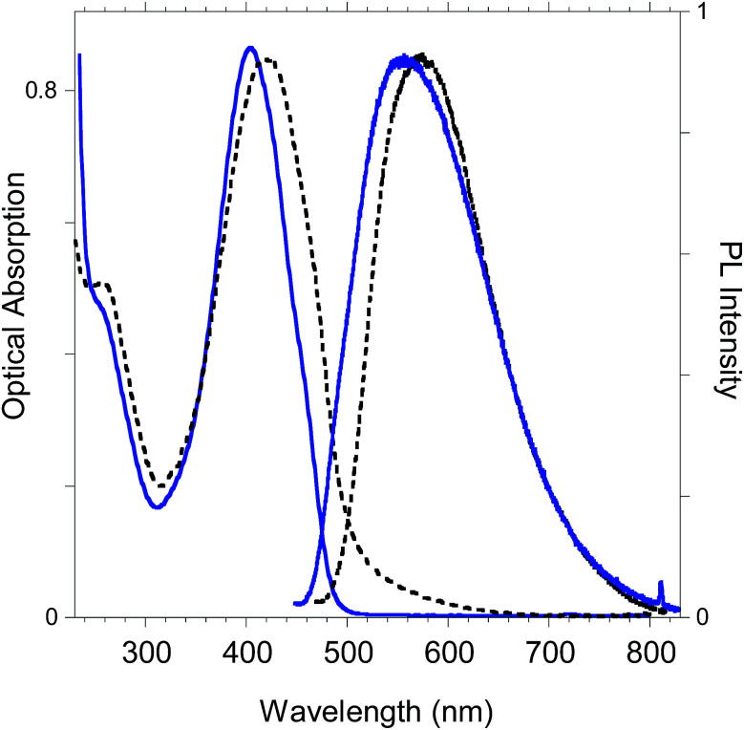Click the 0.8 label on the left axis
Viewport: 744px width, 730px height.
(46, 91)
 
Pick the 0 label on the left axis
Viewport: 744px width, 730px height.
(54, 617)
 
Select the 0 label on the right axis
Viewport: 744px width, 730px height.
(704, 617)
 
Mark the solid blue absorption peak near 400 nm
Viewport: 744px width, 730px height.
(250, 48)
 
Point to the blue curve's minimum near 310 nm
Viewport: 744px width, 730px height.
(157, 505)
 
